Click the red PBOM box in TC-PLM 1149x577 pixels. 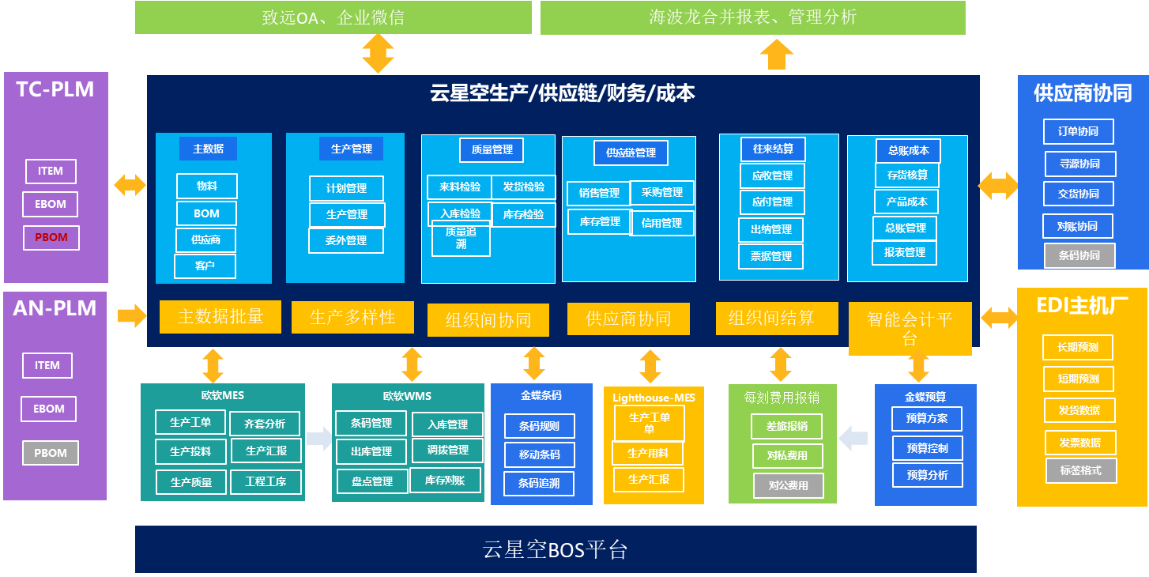(x=51, y=237)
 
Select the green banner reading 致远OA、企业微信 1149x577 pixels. (x=333, y=17)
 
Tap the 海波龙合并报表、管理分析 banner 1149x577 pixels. (x=752, y=17)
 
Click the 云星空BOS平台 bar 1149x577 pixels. (x=556, y=549)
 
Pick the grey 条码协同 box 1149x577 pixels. (x=1079, y=255)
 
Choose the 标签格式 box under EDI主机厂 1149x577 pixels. (x=1080, y=470)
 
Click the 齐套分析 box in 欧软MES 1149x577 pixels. (x=265, y=424)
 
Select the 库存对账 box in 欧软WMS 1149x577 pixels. (x=445, y=481)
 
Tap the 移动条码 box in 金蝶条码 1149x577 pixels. (x=539, y=454)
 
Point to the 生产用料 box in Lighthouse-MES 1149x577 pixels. (x=647, y=453)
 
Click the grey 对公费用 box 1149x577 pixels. (x=788, y=485)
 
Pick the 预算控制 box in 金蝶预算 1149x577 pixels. (x=927, y=448)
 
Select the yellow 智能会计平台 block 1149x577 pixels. (x=910, y=328)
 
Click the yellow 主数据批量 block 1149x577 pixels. (x=220, y=317)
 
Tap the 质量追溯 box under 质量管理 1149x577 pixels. (x=461, y=238)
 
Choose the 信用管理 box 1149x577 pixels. (x=662, y=223)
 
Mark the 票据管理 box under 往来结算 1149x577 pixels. (x=771, y=256)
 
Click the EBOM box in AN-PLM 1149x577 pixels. (x=49, y=409)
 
